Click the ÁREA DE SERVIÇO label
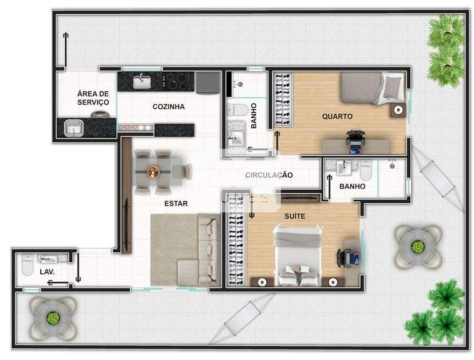click(x=93, y=98)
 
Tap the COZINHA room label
click(x=168, y=107)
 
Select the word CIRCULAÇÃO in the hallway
click(x=268, y=175)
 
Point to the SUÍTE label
click(x=295, y=216)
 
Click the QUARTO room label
click(x=337, y=117)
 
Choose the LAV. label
click(x=47, y=272)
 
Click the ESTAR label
click(x=176, y=204)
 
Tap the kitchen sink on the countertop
click(x=142, y=82)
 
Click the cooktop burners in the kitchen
click(x=174, y=81)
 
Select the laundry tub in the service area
click(x=73, y=128)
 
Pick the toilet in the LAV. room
click(x=27, y=265)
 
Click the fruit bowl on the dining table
click(x=153, y=172)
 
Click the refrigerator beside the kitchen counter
click(x=208, y=82)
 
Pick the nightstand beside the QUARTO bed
click(x=398, y=110)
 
